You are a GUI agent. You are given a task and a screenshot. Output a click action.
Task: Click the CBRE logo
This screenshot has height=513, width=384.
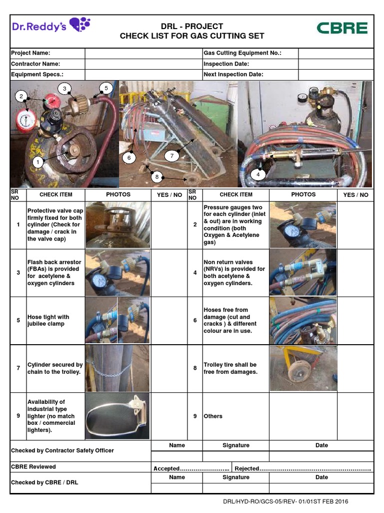point(342,28)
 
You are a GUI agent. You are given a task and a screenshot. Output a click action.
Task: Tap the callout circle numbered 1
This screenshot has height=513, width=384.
point(37,162)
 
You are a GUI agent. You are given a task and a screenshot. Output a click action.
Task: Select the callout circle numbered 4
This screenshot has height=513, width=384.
point(258,175)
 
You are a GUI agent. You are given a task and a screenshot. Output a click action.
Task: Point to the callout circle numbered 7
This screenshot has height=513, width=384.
point(171,156)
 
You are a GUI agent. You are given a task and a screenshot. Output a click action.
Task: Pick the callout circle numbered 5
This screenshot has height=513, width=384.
point(106,88)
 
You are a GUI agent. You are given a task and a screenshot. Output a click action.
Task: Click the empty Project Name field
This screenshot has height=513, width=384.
point(143,53)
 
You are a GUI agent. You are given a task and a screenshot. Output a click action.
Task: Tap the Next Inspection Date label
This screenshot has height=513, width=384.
point(233,75)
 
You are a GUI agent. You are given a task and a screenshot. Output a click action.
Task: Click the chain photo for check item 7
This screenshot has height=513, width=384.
point(117,368)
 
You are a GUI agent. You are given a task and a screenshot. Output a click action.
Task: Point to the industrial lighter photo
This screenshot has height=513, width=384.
point(117,416)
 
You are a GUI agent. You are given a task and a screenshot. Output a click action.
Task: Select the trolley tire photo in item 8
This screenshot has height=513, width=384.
point(303,368)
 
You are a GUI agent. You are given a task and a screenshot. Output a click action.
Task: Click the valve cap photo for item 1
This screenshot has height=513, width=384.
point(117,225)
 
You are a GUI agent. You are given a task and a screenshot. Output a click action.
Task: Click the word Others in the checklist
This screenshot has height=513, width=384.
point(213,416)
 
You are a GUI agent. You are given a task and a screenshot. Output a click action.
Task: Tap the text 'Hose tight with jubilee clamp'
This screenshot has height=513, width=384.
point(48,321)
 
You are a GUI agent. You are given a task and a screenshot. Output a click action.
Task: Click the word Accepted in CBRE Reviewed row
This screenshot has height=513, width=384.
point(166,468)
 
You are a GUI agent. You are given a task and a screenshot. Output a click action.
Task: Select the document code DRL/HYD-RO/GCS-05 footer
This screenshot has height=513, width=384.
point(285,501)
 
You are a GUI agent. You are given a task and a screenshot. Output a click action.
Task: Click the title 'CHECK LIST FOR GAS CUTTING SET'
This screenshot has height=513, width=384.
point(192,36)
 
